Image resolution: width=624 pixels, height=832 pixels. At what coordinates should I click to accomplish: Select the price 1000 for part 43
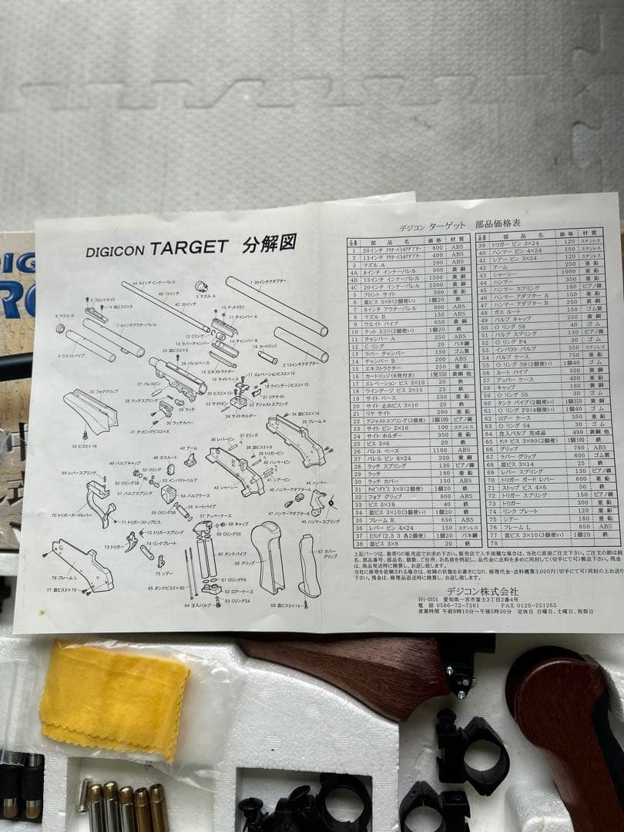click(x=569, y=272)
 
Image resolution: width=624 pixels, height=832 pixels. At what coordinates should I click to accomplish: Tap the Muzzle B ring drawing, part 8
click(x=60, y=328)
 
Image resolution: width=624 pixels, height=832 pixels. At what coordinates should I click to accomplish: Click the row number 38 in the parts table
click(x=357, y=543)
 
